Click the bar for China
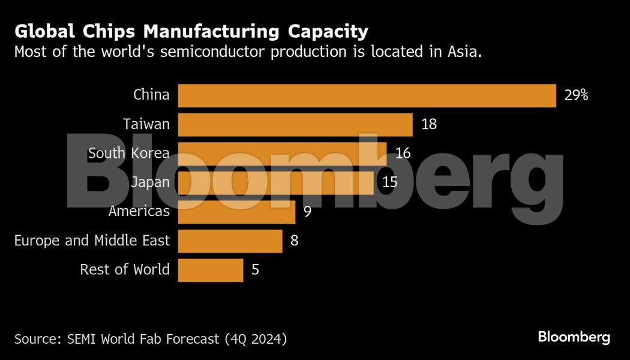coord(367,95)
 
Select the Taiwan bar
coord(295,125)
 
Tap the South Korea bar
coord(282,154)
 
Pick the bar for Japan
coord(277,182)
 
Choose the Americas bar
coord(236,212)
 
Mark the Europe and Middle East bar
coord(230,241)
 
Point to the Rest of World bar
coord(211,270)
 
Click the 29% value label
coord(576,95)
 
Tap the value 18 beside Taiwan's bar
coord(428,125)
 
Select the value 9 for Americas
coord(307,212)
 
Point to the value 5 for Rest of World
coord(256,270)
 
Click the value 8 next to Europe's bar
coord(294,241)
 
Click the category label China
coord(151,95)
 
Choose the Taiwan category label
coord(146,124)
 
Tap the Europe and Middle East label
coord(92,241)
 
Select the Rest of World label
coord(125,270)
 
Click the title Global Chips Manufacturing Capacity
coord(191,31)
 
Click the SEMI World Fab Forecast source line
coord(151,339)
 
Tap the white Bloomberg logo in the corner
coord(574,337)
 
